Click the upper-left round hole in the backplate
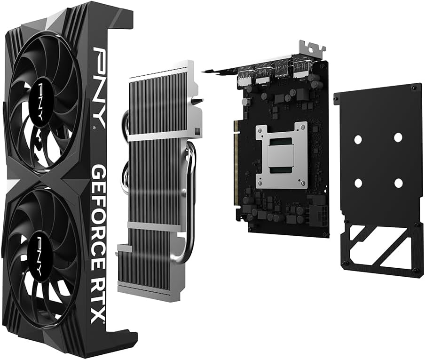pos(358,139)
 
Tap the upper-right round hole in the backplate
pos(398,137)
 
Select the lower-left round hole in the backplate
pos(358,183)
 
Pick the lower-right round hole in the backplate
pos(399,184)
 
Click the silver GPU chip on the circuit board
pos(280,156)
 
